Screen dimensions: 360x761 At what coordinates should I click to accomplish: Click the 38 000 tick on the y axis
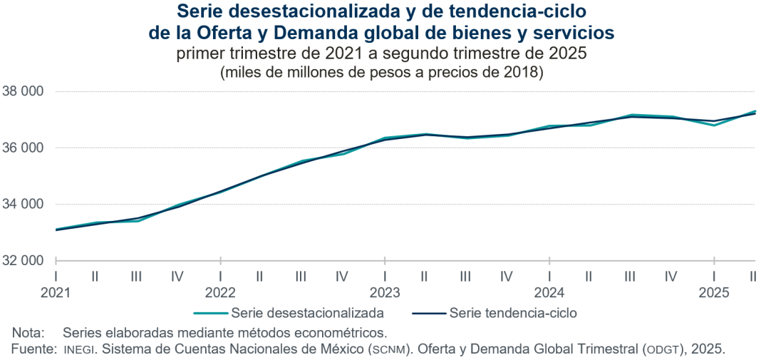(x=24, y=91)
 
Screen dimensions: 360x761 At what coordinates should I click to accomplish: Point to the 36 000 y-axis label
(x=24, y=148)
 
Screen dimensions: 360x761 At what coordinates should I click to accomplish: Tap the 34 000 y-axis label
(x=24, y=204)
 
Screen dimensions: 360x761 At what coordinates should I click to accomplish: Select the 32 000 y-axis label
(x=24, y=260)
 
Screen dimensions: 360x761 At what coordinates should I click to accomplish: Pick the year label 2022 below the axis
(x=220, y=292)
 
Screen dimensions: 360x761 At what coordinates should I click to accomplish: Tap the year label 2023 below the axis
(x=385, y=292)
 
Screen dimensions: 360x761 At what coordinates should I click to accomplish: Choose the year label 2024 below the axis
(x=549, y=292)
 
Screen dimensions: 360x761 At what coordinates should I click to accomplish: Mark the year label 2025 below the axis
(x=714, y=292)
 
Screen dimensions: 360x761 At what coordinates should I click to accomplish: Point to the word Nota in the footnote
(x=28, y=332)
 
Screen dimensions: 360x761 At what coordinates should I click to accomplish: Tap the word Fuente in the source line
(x=33, y=349)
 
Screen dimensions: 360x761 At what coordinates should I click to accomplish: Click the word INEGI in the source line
(x=78, y=349)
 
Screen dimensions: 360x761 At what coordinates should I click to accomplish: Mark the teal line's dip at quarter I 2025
(x=714, y=125)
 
